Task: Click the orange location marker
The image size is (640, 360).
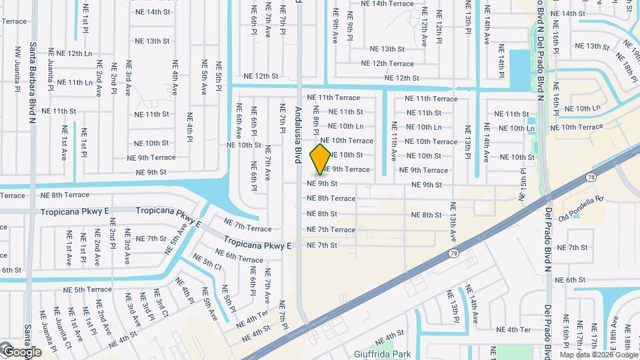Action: [321, 159]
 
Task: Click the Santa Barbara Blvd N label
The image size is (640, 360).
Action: [32, 83]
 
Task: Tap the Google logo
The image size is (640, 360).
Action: [21, 351]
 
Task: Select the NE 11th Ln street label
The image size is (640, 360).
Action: [75, 82]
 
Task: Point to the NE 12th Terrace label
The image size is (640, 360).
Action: [387, 64]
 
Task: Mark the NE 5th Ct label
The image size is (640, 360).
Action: [207, 261]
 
